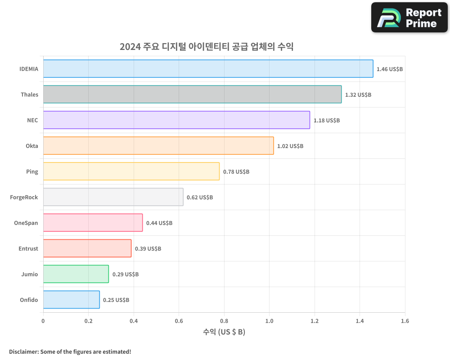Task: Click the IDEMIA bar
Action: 208,68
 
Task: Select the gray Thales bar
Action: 193,94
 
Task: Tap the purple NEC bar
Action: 177,120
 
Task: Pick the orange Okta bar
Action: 159,145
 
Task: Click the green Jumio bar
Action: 76,274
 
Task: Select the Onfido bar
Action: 72,299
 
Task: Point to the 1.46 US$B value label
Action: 389,69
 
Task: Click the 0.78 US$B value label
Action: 236,171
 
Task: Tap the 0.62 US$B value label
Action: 200,198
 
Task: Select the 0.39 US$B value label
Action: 148,248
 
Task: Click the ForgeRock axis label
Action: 24,197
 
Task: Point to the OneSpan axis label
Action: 26,223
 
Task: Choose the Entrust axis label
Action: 28,248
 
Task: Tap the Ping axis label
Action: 32,171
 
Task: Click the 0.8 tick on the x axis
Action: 224,321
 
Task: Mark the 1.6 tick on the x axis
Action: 405,321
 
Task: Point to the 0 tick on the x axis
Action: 43,321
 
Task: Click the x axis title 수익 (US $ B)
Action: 224,332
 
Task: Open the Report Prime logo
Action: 409,18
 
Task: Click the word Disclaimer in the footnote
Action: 24,351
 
